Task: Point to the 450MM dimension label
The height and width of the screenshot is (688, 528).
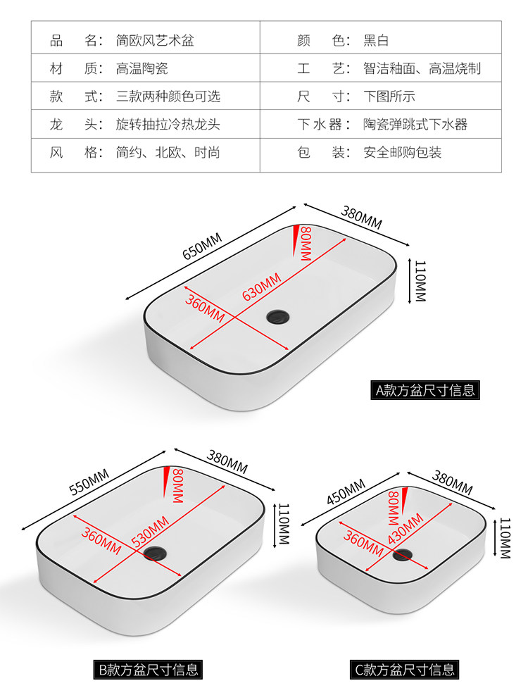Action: (x=346, y=492)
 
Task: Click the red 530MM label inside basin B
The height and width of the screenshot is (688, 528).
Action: (x=149, y=532)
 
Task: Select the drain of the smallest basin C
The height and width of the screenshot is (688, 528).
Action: (x=402, y=556)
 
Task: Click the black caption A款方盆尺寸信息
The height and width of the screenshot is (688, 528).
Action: (x=426, y=389)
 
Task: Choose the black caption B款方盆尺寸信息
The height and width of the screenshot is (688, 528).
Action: (x=149, y=669)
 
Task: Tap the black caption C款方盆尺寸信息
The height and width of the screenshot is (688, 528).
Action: (x=405, y=669)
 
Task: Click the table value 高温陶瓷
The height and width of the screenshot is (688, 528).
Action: (x=142, y=68)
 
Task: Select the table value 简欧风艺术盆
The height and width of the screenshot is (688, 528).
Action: (x=155, y=40)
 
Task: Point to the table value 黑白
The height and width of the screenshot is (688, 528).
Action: (x=376, y=40)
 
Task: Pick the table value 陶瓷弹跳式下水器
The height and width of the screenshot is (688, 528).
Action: (x=415, y=125)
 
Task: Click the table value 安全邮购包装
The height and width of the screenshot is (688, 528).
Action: (x=403, y=152)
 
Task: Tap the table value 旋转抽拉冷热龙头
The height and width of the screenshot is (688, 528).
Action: (x=168, y=125)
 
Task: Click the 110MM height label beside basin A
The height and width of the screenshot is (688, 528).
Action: (x=420, y=281)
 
